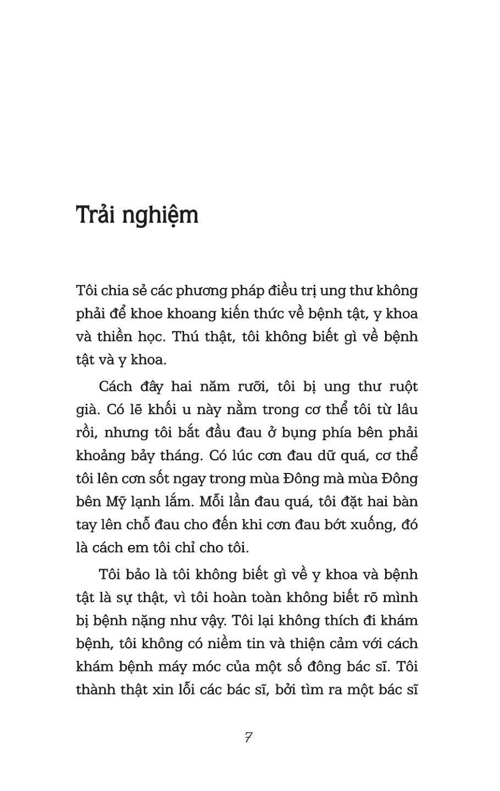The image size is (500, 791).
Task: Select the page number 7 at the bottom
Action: (x=248, y=738)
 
